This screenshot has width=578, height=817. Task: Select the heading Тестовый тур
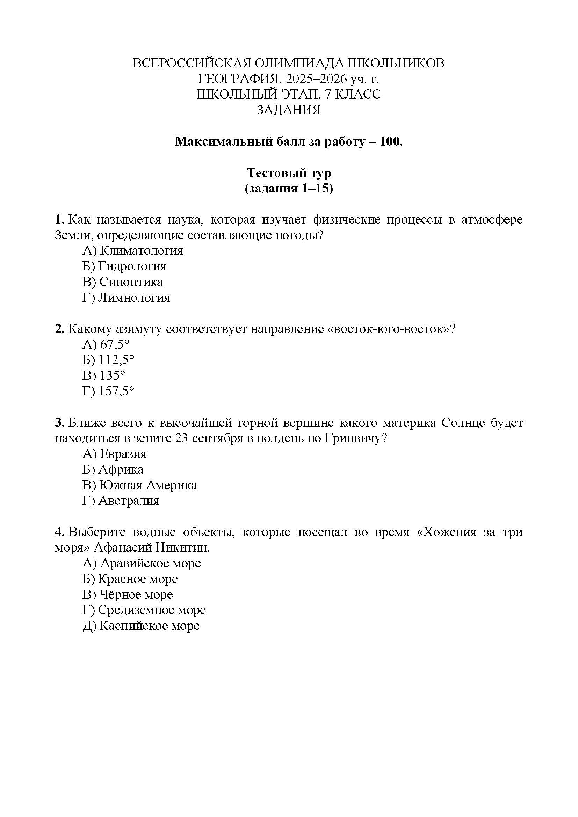coord(289,173)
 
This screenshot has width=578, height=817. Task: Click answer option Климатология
coord(141,251)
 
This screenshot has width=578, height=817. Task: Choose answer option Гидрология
coord(132,267)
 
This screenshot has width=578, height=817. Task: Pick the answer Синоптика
coord(131,282)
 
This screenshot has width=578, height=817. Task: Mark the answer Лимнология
coord(134,298)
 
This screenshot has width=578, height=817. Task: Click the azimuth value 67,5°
coord(114,344)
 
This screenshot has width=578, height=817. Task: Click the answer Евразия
coord(123,454)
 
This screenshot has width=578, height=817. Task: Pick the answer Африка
coord(121,470)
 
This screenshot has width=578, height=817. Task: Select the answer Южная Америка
coord(148,486)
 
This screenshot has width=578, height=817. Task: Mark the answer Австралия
coord(129,501)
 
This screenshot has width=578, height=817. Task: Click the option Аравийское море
coord(150,563)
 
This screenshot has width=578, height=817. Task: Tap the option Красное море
coord(138,579)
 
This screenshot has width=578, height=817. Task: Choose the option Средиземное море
coord(152,610)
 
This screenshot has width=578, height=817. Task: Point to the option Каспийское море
coord(149,626)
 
